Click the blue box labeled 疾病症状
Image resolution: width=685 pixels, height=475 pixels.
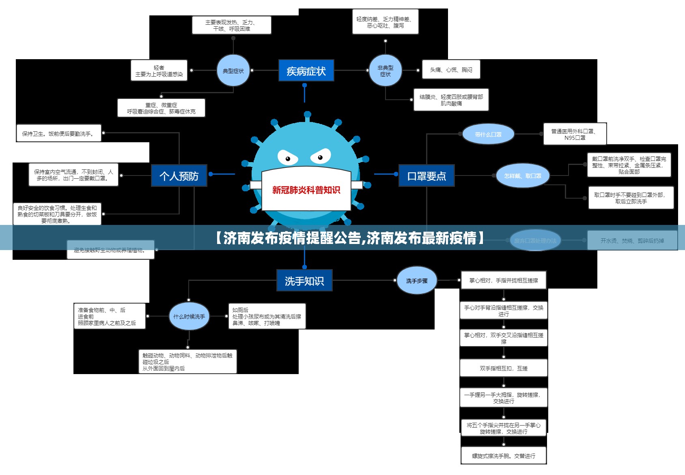pyautogui.click(x=306, y=71)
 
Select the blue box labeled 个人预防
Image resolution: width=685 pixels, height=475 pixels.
pyautogui.click(x=179, y=175)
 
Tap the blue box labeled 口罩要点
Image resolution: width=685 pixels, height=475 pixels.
pyautogui.click(x=427, y=175)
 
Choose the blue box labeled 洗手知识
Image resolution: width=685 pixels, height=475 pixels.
pyautogui.click(x=304, y=280)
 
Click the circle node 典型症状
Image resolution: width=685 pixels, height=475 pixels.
pyautogui.click(x=233, y=71)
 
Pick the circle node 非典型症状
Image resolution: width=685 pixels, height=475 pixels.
pyautogui.click(x=386, y=71)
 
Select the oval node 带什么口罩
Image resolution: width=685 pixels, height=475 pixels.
pyautogui.click(x=488, y=134)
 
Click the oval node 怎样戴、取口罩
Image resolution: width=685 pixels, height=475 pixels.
pyautogui.click(x=523, y=175)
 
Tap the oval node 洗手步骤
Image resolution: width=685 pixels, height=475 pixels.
pyautogui.click(x=417, y=280)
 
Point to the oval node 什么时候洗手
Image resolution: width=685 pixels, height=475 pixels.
pyautogui.click(x=189, y=316)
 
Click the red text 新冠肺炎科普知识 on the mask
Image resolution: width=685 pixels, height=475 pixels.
pyautogui.click(x=306, y=190)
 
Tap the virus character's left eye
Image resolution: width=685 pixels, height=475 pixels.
pyautogui.click(x=288, y=158)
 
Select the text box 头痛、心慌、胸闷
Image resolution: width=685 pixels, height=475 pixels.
pyautogui.click(x=451, y=70)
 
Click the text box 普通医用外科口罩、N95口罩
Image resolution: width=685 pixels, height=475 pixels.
pyautogui.click(x=575, y=134)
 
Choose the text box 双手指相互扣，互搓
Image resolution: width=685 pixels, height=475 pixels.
pyautogui.click(x=504, y=368)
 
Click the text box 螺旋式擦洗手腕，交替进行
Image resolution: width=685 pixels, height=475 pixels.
pyautogui.click(x=504, y=456)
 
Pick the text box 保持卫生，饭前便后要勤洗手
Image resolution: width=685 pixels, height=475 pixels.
pyautogui.click(x=58, y=133)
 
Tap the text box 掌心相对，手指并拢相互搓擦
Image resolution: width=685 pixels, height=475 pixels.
pyautogui.click(x=504, y=280)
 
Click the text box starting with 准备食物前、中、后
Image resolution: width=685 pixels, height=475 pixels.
pyautogui.click(x=109, y=316)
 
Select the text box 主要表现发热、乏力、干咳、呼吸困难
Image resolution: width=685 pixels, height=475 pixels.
pyautogui.click(x=231, y=25)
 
